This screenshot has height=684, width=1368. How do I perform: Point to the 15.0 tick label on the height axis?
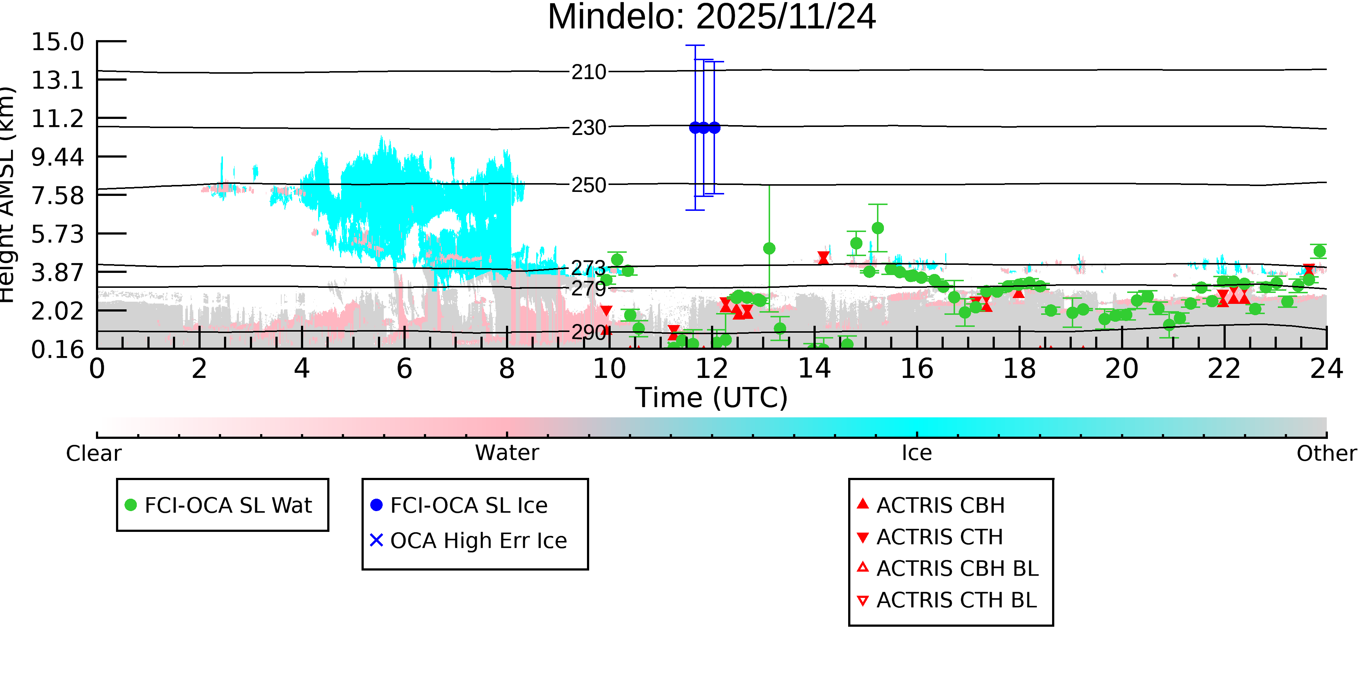(57, 42)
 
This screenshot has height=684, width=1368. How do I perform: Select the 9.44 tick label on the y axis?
(57, 157)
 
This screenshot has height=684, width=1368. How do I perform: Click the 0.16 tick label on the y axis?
(57, 349)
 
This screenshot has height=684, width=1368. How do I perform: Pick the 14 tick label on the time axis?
(814, 368)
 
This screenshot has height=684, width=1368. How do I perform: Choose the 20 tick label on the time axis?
(1122, 368)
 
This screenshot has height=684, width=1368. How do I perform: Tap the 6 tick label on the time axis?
(404, 368)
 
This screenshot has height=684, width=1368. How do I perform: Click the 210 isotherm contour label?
(588, 72)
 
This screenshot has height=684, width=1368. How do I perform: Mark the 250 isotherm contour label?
(588, 185)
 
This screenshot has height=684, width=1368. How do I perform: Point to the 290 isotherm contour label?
(588, 332)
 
